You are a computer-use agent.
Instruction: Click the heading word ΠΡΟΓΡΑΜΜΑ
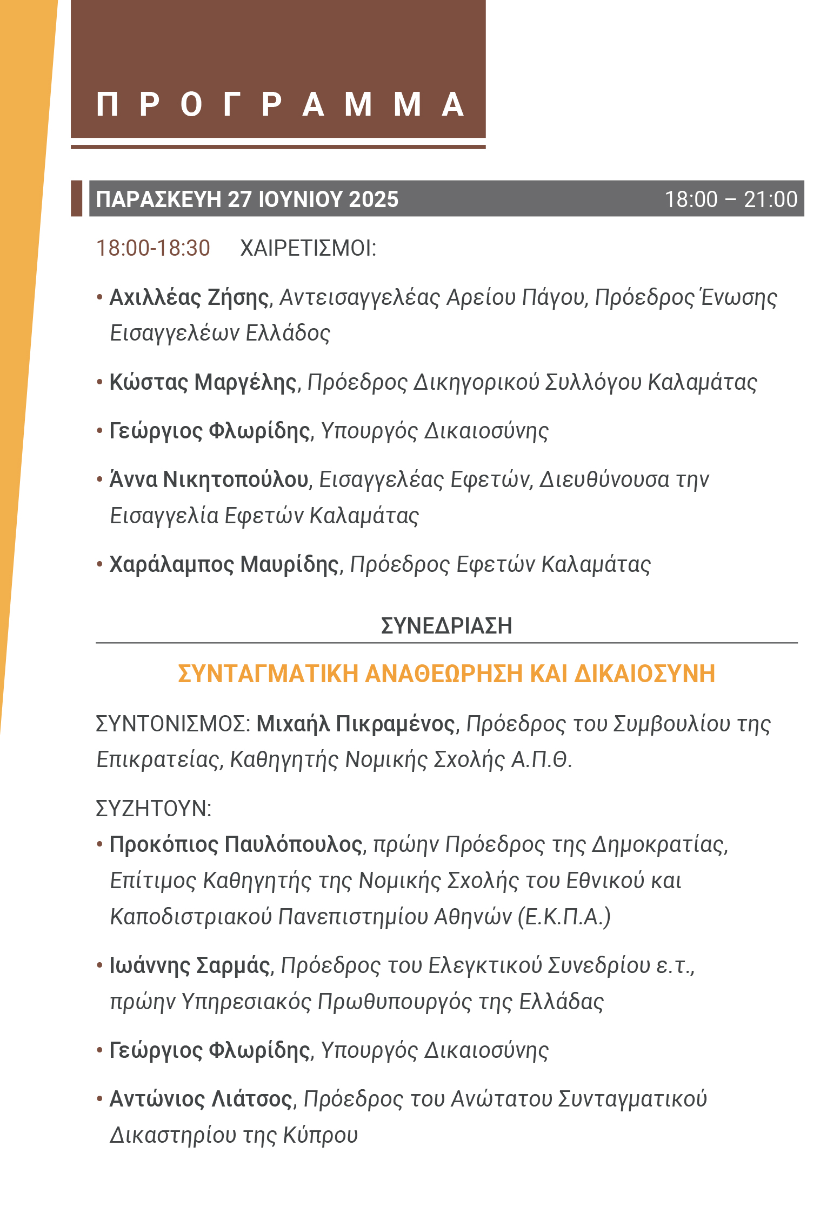coord(279,104)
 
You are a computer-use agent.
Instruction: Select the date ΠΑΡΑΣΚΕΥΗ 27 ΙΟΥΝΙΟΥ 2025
coord(247,199)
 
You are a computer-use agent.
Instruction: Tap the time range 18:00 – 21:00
coord(730,199)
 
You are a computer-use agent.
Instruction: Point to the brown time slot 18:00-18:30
coord(153,248)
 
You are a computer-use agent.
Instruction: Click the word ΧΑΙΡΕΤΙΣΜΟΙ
coord(308,248)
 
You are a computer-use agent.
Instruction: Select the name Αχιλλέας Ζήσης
coord(189,297)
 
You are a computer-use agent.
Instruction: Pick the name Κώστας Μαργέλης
coord(203,382)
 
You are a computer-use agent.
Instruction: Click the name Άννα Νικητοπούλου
coord(209,479)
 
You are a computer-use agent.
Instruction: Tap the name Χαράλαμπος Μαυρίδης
coord(224,564)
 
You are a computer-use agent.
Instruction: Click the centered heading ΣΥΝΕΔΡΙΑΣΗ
coord(446,626)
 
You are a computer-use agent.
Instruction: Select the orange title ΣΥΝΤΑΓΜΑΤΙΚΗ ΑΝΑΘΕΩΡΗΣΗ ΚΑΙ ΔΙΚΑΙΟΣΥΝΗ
coord(446,674)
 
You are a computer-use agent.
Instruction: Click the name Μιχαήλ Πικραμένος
coord(356,724)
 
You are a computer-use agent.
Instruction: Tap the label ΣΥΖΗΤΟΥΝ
coord(153,809)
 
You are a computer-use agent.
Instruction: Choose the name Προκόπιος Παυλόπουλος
coord(236,844)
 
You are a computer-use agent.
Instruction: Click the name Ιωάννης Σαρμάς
coord(189,965)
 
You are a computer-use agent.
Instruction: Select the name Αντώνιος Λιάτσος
coord(201,1099)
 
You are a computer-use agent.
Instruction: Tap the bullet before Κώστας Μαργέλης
coord(100,382)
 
